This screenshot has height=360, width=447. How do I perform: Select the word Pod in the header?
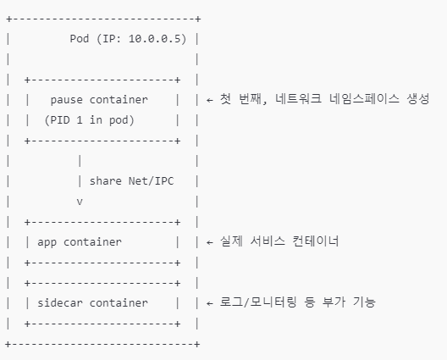(80, 39)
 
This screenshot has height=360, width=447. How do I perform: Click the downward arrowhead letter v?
(80, 201)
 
